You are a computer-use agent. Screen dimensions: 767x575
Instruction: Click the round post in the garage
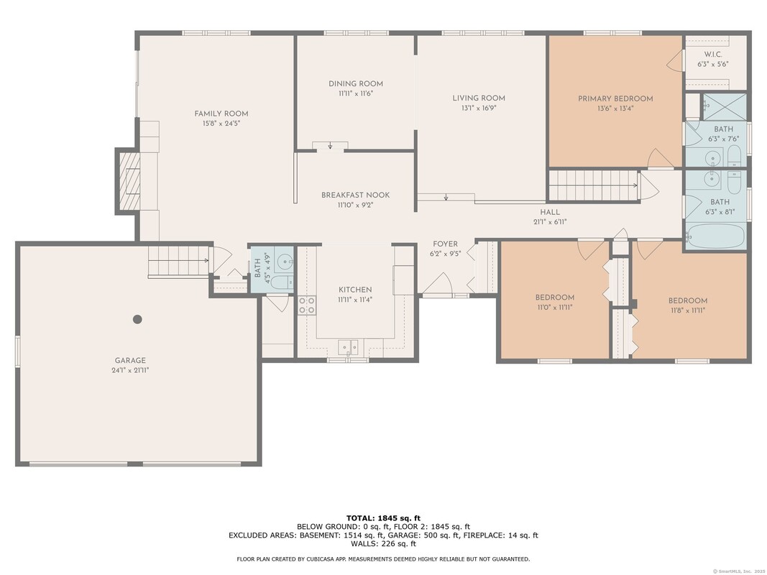[137, 319]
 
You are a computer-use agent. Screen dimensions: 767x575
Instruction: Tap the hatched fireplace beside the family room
[129, 181]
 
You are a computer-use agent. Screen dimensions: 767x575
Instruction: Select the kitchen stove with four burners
[307, 305]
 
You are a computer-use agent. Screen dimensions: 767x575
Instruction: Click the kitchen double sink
[349, 347]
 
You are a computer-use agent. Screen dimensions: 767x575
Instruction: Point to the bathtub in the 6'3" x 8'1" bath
[715, 236]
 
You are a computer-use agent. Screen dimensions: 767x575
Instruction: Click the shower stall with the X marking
[725, 107]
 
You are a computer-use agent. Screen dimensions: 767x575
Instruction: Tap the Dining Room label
[356, 83]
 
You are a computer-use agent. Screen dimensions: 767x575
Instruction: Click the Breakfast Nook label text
[356, 195]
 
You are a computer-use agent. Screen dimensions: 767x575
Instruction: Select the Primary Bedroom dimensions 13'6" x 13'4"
[615, 109]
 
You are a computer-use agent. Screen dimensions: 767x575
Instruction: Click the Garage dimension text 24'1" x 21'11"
[130, 370]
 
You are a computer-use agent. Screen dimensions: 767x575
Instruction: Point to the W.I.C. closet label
[713, 55]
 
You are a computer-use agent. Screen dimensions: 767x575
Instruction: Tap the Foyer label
[445, 244]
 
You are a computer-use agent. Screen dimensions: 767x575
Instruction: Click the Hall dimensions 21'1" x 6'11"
[550, 221]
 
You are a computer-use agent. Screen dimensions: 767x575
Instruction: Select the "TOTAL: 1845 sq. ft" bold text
[384, 518]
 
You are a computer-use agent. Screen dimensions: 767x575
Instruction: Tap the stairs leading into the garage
[179, 262]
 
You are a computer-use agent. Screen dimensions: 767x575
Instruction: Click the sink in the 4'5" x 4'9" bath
[283, 262]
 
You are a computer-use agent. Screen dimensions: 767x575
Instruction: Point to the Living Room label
[479, 98]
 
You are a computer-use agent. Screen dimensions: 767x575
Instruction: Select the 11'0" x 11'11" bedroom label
[555, 298]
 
